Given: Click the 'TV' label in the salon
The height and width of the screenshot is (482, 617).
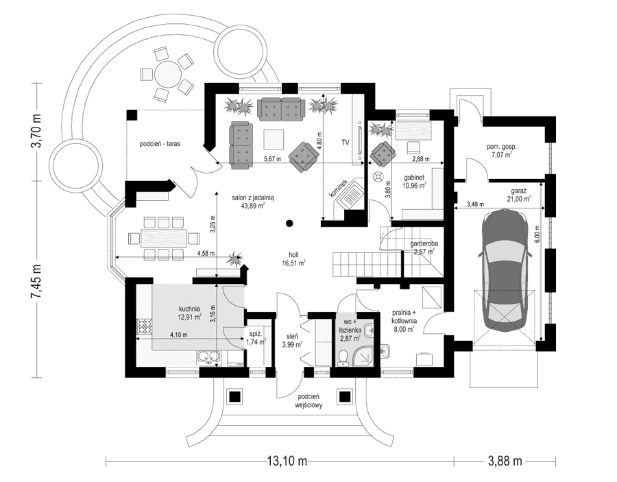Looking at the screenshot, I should tap(346, 143).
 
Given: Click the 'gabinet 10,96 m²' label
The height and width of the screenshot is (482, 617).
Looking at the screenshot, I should tap(414, 180).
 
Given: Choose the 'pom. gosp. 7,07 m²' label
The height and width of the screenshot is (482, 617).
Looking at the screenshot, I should tap(502, 151).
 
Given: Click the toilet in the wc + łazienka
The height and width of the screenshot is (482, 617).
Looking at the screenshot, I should tap(344, 357).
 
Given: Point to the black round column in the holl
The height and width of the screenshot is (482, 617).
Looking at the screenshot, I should tap(290, 222).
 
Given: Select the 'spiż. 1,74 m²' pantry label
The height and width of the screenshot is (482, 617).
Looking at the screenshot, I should tap(258, 337).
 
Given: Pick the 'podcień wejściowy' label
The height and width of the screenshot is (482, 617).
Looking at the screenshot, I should tap(310, 401).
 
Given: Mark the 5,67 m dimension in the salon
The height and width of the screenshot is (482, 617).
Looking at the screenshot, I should tap(273, 159).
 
